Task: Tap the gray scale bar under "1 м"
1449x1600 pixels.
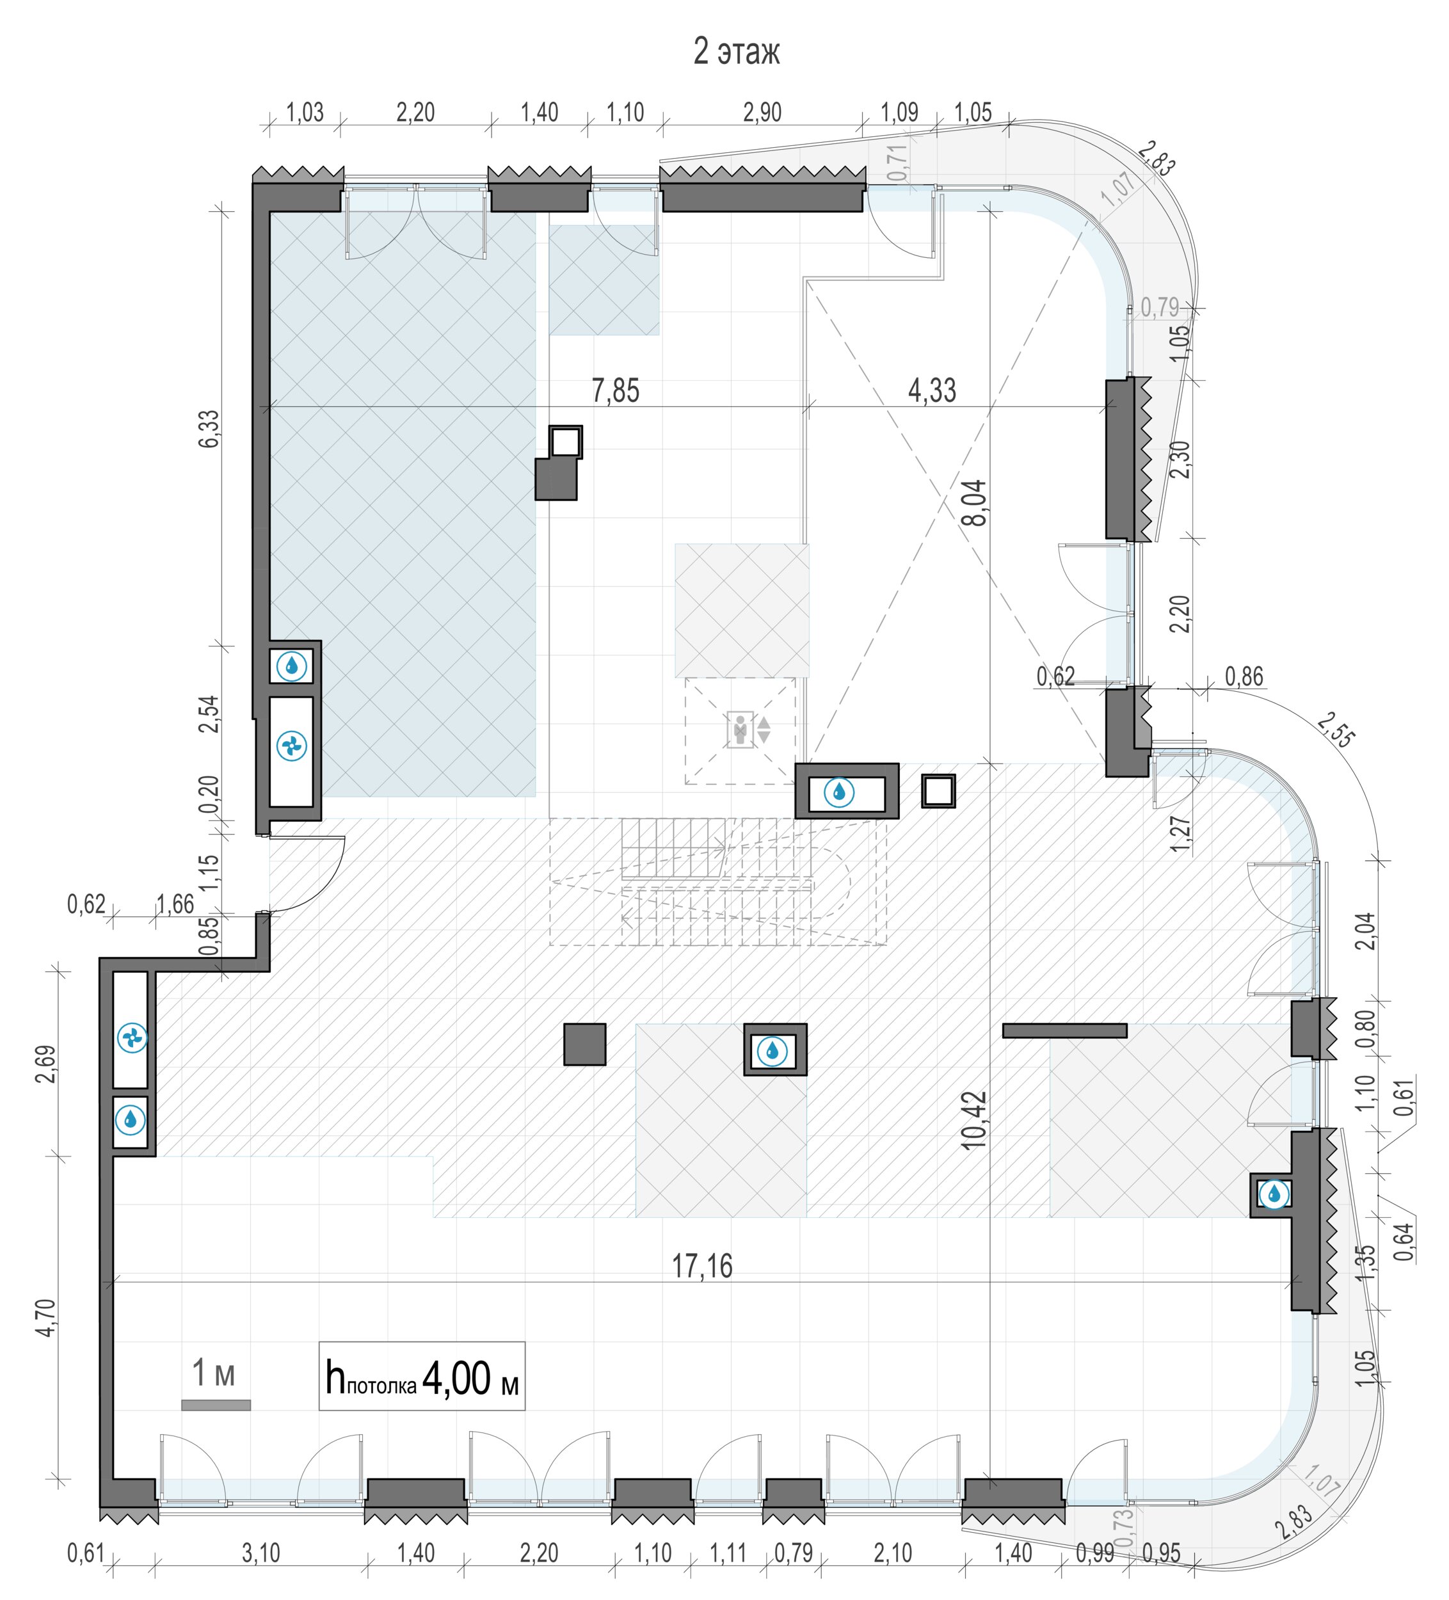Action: click(x=216, y=1405)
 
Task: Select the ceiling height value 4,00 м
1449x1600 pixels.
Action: click(x=470, y=1379)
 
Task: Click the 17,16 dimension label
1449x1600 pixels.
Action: click(x=702, y=1266)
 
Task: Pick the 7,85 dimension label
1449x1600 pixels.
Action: click(x=616, y=390)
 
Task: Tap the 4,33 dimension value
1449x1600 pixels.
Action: click(x=932, y=390)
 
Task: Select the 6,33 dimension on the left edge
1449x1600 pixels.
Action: click(x=209, y=429)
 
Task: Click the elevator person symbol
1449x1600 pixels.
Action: click(x=740, y=728)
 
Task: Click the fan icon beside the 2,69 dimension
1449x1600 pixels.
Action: click(x=132, y=1037)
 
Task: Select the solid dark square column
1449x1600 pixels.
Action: click(x=585, y=1044)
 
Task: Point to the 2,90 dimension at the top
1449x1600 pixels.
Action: click(x=762, y=112)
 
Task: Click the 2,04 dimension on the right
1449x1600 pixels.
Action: click(x=1365, y=931)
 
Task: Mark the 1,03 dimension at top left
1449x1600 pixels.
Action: click(x=305, y=112)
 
